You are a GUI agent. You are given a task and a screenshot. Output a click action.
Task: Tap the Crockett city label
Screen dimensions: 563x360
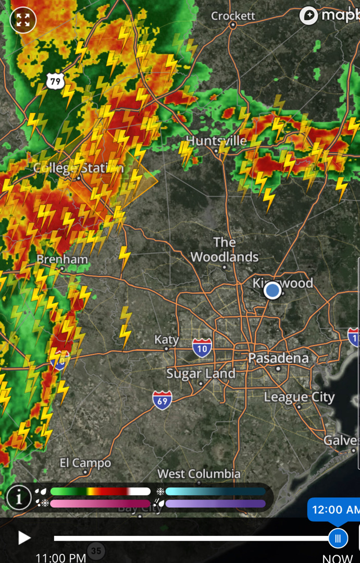tap(233, 16)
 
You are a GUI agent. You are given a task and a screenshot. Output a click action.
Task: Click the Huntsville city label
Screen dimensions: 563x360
tap(216, 141)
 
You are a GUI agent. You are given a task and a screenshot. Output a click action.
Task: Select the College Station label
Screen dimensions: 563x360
tap(78, 168)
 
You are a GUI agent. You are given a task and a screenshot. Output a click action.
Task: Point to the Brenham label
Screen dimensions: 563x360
tap(62, 259)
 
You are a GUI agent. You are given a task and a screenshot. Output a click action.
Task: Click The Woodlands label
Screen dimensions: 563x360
tap(225, 250)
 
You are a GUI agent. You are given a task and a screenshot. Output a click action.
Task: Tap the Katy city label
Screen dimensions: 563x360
tap(166, 340)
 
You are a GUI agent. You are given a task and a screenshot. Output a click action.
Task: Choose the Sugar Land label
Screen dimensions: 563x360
tap(201, 374)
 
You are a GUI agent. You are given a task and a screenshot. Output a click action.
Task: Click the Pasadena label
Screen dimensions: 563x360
tap(278, 359)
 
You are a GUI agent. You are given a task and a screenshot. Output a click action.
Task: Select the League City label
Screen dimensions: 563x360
tap(299, 397)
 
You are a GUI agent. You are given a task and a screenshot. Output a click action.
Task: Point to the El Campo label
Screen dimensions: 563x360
tap(85, 463)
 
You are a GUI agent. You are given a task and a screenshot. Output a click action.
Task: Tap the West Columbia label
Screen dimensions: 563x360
tap(199, 474)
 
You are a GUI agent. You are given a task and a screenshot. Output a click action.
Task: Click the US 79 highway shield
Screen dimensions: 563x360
tap(55, 81)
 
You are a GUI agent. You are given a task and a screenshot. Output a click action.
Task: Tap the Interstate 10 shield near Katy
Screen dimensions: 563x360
tap(202, 347)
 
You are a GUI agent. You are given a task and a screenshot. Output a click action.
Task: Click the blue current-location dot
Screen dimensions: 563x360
tap(272, 290)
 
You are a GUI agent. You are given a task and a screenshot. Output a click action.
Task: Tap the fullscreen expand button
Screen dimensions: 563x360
tap(23, 20)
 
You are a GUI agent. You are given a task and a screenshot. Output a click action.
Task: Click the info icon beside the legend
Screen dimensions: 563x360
tap(19, 498)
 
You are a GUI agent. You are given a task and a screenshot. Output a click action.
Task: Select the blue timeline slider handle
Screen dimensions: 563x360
tap(338, 538)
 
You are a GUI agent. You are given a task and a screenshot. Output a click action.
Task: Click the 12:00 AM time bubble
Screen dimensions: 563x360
tap(334, 509)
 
